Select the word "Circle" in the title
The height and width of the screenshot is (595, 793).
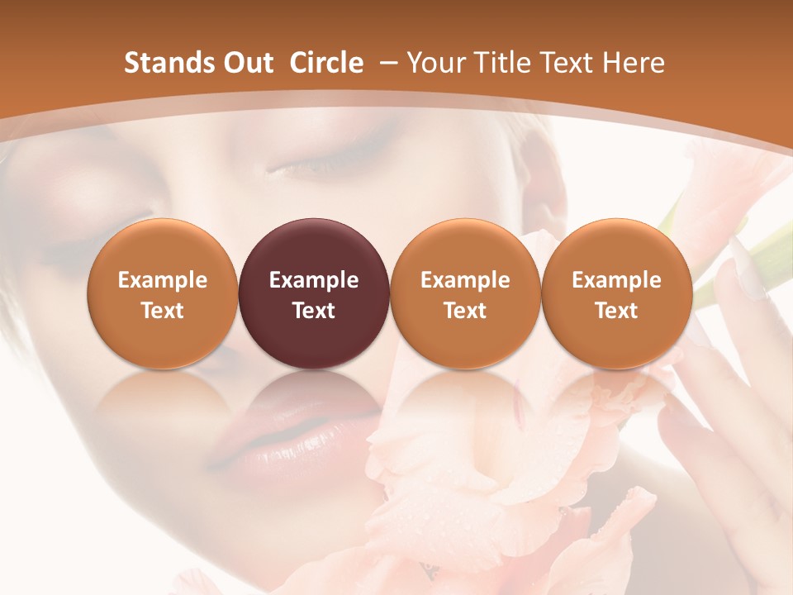pyautogui.click(x=326, y=63)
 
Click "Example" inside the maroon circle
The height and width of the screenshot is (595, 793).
pyautogui.click(x=314, y=280)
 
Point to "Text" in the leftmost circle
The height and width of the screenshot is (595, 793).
pyautogui.click(x=163, y=311)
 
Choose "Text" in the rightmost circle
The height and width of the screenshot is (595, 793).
pyautogui.click(x=616, y=311)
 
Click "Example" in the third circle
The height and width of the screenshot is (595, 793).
pyautogui.click(x=465, y=280)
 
